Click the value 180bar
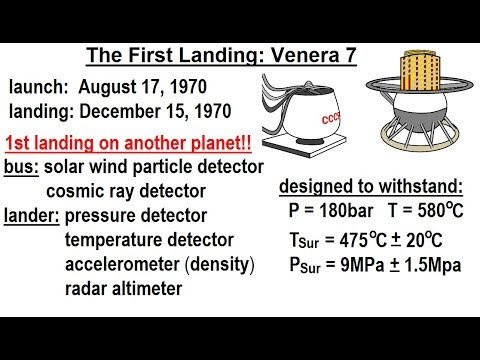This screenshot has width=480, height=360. coord(348,211)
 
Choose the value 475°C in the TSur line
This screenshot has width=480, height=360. coord(363,241)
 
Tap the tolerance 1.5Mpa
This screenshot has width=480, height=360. coord(436,267)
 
